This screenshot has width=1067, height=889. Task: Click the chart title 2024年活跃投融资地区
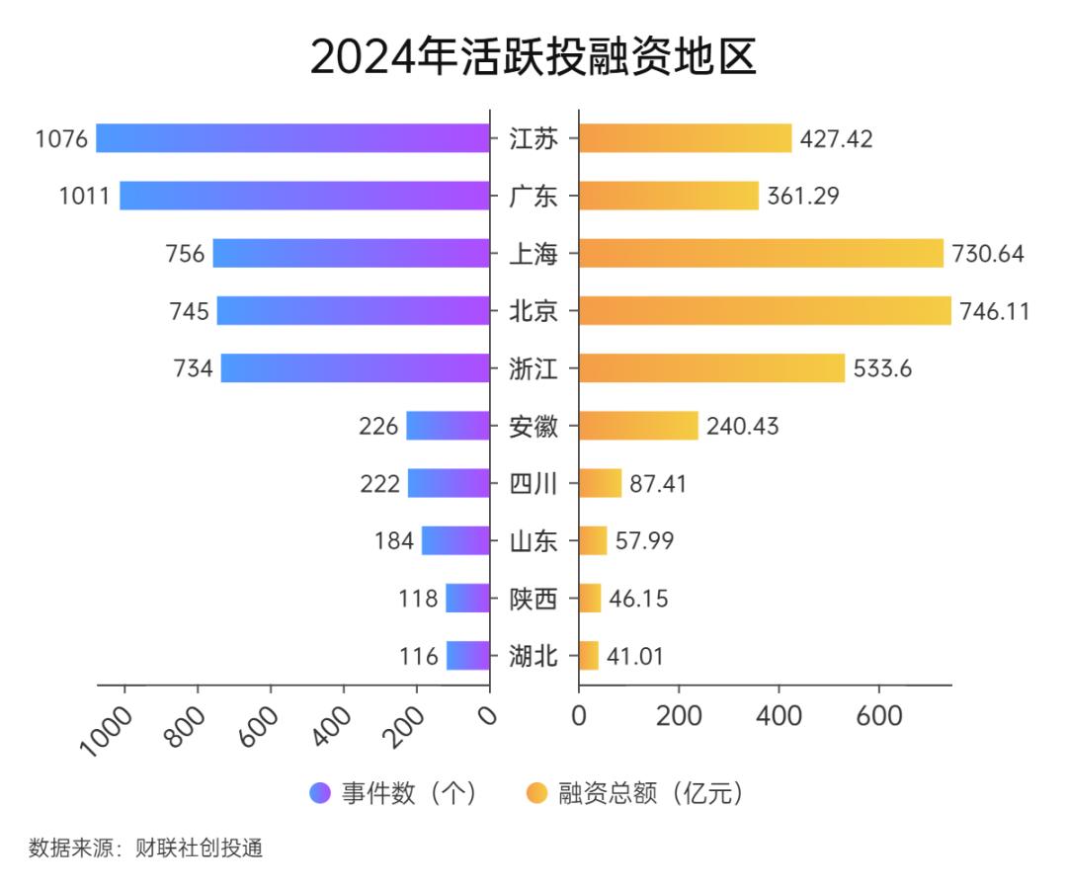tap(533, 57)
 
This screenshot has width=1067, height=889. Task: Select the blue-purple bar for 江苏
tap(292, 138)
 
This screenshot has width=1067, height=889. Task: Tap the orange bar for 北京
tap(765, 311)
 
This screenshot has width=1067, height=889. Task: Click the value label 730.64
tap(988, 254)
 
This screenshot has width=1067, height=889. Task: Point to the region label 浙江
tap(533, 369)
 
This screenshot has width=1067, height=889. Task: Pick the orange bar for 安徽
tap(638, 427)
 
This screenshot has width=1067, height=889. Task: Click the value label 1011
tap(84, 196)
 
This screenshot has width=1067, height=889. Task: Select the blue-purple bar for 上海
tap(351, 254)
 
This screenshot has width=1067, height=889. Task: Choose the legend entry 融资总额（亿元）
tap(634, 793)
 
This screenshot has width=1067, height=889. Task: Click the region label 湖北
tap(533, 656)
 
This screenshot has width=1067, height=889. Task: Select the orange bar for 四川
tap(600, 484)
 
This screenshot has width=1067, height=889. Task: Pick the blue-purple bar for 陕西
tap(467, 599)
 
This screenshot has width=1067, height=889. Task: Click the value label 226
tap(378, 427)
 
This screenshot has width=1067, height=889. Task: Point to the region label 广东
tap(533, 197)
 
